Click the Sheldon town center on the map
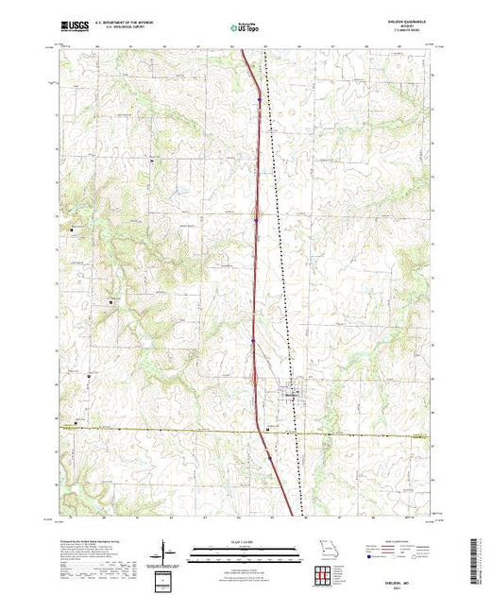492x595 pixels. coord(294,391)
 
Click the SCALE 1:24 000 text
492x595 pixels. coord(236,541)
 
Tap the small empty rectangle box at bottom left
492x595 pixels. coord(164,578)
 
